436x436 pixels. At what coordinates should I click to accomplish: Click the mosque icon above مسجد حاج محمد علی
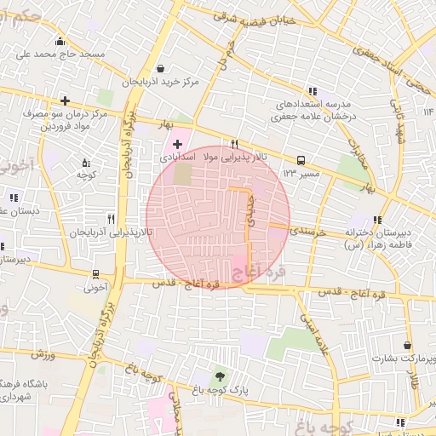[x=59, y=42]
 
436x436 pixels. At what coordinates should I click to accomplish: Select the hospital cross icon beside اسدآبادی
[x=177, y=145]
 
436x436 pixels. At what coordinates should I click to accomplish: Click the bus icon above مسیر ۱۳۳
[x=300, y=160]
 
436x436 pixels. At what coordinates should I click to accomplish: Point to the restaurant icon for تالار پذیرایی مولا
[x=234, y=144]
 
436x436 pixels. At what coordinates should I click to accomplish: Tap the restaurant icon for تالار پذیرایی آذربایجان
[x=111, y=219]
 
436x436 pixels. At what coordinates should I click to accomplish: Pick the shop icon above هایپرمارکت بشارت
[x=408, y=345]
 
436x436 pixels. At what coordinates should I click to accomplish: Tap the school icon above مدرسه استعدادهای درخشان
[x=313, y=90]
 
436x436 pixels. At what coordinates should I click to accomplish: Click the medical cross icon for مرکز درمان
[x=65, y=100]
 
